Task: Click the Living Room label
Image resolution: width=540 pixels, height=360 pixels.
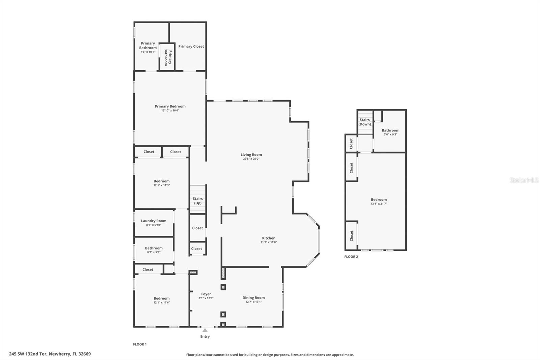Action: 251,155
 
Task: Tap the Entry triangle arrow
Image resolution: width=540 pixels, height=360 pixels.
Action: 205,330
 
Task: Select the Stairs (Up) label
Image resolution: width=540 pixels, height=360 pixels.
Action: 198,201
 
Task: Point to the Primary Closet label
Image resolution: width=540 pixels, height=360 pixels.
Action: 191,46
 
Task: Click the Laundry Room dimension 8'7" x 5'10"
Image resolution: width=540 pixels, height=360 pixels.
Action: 154,225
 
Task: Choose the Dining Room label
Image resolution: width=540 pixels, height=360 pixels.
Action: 253,298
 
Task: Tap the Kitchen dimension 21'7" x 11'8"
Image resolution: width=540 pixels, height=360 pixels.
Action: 269,242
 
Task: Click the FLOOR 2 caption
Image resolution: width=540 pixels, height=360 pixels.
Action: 351,257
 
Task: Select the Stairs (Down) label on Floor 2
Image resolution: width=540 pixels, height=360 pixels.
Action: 364,122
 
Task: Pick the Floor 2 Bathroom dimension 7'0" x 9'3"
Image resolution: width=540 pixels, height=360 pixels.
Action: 390,134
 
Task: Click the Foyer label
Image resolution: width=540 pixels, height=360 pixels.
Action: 206,294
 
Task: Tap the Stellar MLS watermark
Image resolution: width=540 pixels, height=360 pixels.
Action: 524,180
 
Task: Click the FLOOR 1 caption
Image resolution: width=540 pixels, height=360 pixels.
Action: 140,344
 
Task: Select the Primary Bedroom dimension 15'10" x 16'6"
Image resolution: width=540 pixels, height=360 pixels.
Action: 170,110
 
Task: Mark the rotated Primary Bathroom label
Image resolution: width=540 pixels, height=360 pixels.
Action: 168,57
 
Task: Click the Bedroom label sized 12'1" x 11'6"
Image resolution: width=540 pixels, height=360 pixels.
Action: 162,298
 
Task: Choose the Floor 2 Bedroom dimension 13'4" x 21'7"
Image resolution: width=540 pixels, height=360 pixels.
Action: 379,204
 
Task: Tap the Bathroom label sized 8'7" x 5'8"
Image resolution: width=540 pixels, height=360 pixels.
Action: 154,248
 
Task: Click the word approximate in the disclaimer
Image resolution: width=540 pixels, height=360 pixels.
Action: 343,355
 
